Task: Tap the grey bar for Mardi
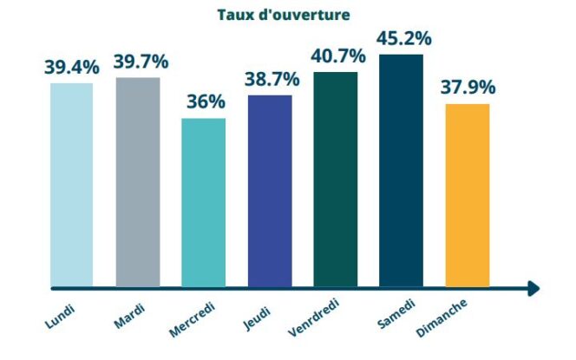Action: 137,182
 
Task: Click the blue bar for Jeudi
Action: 270,191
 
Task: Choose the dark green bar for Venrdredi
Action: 336,179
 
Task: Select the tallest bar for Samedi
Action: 401,170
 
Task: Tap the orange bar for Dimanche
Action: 468,195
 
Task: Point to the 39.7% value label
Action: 141,62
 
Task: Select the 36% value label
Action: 206,102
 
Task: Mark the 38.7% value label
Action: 272,80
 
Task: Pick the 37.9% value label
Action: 468,88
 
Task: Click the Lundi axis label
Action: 61,316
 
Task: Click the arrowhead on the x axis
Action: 533,288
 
